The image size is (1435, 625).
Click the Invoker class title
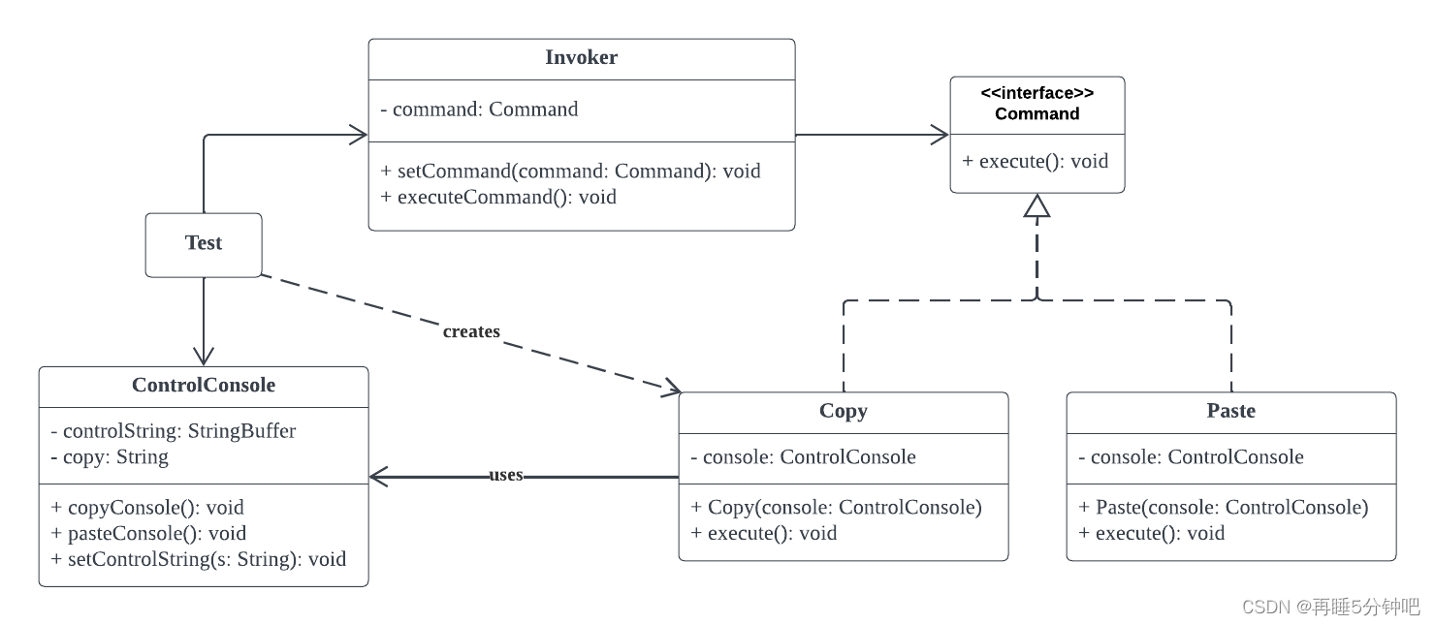[x=581, y=57]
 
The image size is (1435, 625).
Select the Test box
[x=204, y=245]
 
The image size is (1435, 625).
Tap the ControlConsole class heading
[x=204, y=385]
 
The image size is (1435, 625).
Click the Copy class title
[x=844, y=411]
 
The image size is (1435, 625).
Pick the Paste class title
[x=1230, y=411]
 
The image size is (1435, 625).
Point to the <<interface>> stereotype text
[x=1037, y=93]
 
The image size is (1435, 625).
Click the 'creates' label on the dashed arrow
[x=471, y=331]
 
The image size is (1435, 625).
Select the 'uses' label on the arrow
[x=506, y=475]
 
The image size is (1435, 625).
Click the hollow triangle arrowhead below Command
[x=1036, y=205]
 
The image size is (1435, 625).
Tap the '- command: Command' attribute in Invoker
[x=479, y=109]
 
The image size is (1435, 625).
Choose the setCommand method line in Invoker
[x=570, y=171]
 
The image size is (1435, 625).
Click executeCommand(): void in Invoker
[x=498, y=198]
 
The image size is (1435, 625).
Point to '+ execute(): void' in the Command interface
[x=1036, y=162]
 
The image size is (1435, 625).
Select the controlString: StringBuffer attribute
[x=173, y=431]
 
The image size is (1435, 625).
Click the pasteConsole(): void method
[x=148, y=533]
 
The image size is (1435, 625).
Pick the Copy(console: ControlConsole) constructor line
[x=836, y=507]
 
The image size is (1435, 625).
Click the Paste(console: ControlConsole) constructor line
[x=1224, y=507]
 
